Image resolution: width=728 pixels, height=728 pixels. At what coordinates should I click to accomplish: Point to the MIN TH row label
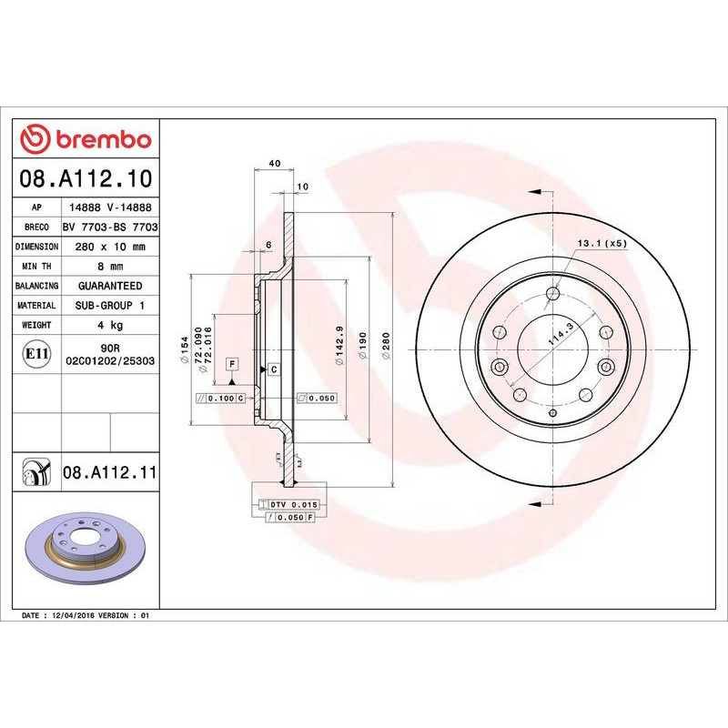[x=37, y=267]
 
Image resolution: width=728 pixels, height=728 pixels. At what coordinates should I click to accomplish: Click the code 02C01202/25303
[x=110, y=361]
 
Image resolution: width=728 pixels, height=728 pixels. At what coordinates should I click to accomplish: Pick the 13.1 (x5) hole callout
[x=602, y=244]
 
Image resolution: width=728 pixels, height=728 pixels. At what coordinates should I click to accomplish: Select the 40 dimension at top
[x=274, y=164]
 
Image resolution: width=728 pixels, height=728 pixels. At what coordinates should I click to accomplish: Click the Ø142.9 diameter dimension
[x=338, y=346]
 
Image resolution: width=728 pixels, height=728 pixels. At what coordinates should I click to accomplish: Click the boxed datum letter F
[x=233, y=364]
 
